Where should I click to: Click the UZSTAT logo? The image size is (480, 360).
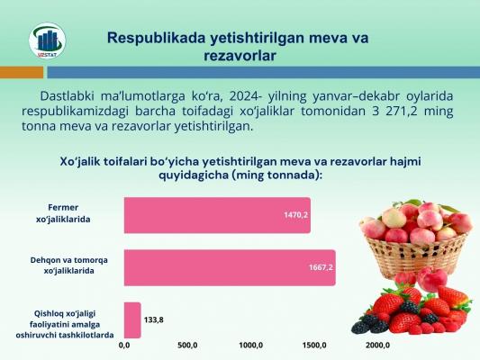point(47,40)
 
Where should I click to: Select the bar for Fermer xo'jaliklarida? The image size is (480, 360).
point(217,215)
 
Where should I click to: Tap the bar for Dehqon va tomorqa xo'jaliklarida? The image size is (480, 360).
point(230,268)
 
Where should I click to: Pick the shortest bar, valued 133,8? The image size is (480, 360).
point(132,320)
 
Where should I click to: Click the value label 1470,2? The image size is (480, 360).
point(295,215)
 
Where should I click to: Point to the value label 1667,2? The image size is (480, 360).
point(321,267)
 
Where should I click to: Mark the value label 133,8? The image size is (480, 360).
point(154,319)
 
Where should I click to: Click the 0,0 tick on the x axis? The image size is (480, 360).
point(124,346)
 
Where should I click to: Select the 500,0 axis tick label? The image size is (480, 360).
point(187,346)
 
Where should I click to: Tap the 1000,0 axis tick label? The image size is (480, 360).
point(251,346)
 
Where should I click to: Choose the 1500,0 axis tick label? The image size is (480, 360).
point(314,346)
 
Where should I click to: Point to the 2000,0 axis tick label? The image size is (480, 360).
point(377,346)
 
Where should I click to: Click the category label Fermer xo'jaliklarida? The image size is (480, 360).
point(63,213)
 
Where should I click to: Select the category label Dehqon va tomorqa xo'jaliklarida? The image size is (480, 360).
point(68,265)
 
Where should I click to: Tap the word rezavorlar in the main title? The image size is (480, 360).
point(240,57)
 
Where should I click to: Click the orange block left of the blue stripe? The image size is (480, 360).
point(22,73)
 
